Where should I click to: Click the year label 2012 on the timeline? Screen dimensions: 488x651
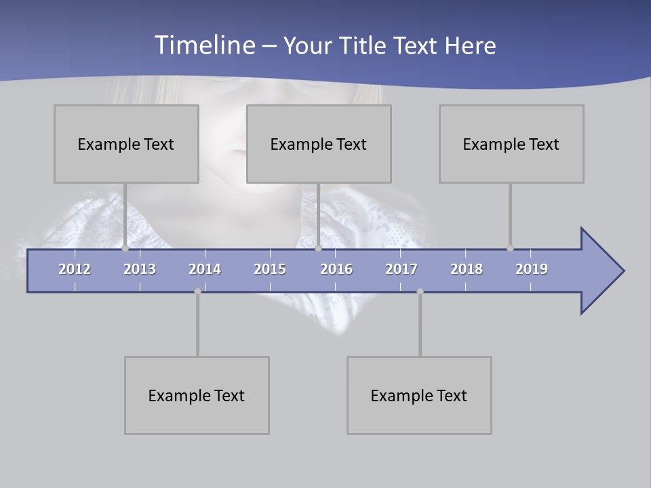tap(75, 269)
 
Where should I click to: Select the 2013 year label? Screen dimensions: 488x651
tap(140, 269)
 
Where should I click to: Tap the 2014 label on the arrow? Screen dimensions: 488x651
tap(205, 269)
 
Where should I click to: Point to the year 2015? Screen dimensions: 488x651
tap(270, 269)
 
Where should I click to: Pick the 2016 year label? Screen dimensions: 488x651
tap(336, 269)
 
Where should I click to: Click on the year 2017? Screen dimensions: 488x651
tap(401, 269)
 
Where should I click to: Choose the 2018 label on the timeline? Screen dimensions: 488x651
tap(467, 269)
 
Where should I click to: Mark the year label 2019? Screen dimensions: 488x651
tap(532, 269)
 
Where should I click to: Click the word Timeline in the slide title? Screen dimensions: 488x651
tap(204, 45)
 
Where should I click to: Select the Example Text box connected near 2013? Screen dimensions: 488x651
tap(126, 144)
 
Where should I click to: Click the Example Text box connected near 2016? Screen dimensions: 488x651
tap(319, 144)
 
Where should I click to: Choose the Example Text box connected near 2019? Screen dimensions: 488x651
tap(511, 144)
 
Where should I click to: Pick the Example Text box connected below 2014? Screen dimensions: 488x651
tap(197, 395)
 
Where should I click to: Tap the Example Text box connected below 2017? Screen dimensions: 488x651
tap(419, 395)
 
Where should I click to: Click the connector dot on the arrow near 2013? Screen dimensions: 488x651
tap(125, 249)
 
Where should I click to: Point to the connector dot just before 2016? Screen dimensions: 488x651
tap(318, 249)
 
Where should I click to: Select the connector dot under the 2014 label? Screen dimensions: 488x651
tap(197, 291)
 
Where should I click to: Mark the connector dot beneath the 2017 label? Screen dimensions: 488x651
tap(420, 291)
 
